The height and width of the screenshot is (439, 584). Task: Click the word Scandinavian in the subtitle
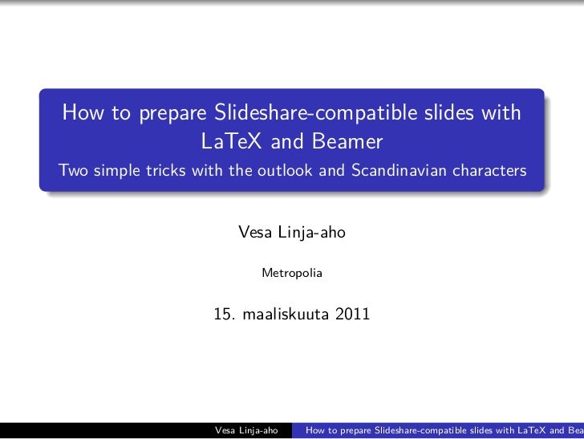click(401, 171)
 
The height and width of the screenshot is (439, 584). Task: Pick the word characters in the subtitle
click(492, 171)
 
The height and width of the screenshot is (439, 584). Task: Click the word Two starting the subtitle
click(71, 171)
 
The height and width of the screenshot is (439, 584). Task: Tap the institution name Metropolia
click(292, 274)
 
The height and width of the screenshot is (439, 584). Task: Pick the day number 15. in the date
click(224, 315)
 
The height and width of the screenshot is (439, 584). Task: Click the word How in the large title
click(83, 115)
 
